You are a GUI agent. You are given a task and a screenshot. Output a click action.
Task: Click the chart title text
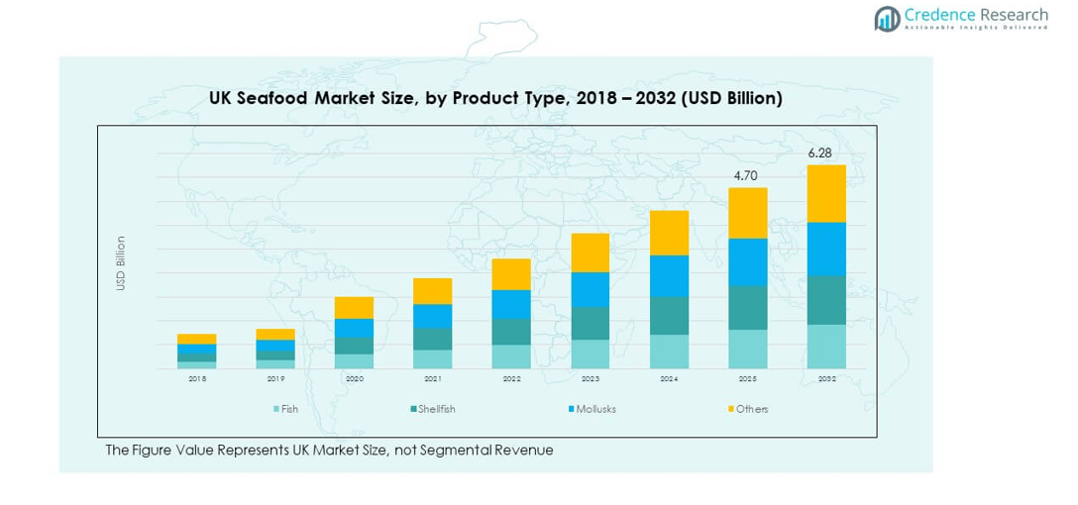(x=495, y=98)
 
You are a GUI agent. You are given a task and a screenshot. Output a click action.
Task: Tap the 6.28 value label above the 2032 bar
(x=819, y=153)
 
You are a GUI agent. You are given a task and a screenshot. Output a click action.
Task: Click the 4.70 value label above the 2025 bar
(x=746, y=175)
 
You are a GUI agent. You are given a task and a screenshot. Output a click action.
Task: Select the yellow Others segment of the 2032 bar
(x=826, y=193)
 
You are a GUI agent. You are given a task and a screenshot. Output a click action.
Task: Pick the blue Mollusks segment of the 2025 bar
(x=748, y=261)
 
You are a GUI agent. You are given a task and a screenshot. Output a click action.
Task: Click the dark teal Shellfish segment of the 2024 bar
(x=669, y=315)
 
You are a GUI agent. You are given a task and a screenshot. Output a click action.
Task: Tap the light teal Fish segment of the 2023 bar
(x=591, y=353)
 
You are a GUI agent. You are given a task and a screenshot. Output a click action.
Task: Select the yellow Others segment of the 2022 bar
(x=511, y=274)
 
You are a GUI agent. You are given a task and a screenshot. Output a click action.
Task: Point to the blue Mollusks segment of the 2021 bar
(x=433, y=315)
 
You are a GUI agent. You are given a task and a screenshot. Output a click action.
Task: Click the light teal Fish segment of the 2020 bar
(x=354, y=361)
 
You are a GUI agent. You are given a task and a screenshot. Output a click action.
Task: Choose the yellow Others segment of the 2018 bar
(x=197, y=339)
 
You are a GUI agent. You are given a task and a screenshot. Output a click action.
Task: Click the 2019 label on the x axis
(x=275, y=379)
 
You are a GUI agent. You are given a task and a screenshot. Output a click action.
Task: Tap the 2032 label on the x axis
(x=826, y=379)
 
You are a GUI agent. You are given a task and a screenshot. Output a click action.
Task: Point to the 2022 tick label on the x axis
(x=511, y=379)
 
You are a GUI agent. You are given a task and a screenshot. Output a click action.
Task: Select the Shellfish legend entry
(x=432, y=409)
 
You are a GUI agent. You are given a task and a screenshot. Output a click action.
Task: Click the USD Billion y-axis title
(x=121, y=262)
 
